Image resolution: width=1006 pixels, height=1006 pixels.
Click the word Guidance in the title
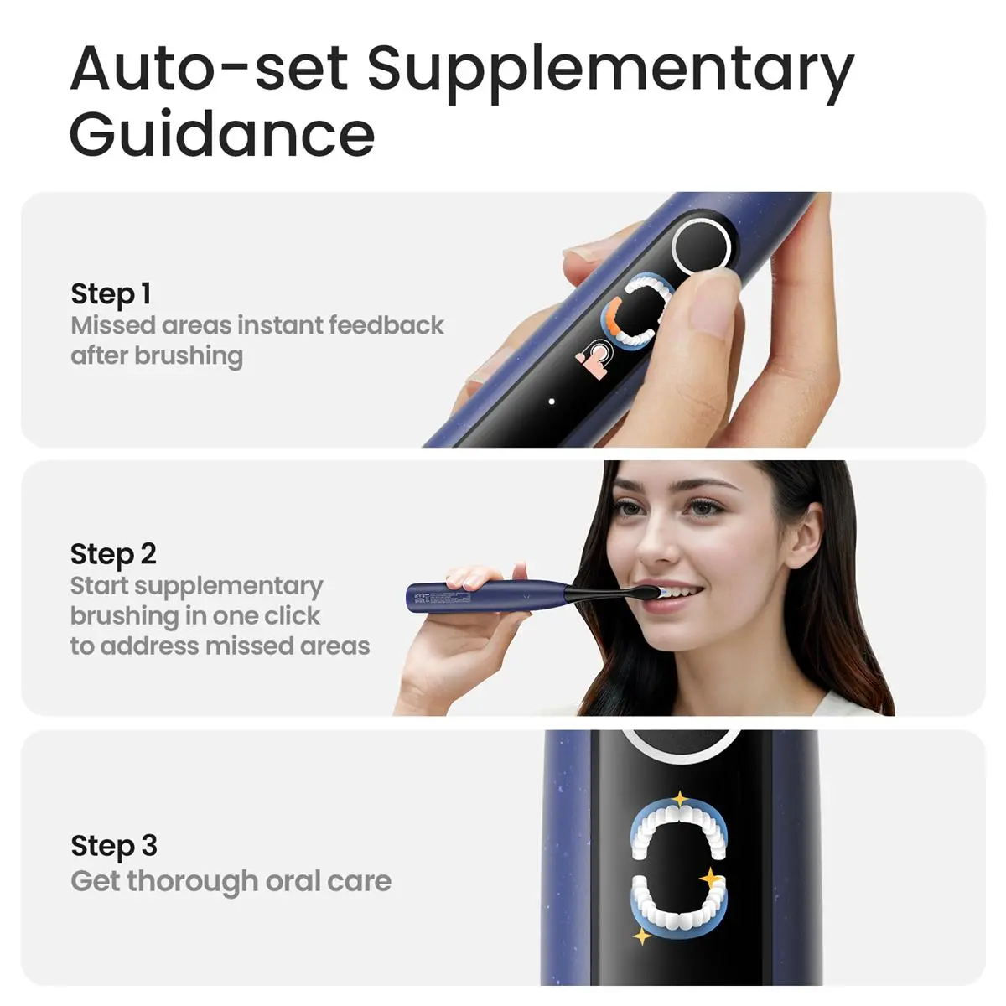(222, 134)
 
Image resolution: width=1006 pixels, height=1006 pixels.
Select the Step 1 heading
(111, 294)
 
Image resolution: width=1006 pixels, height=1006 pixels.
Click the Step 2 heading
(113, 554)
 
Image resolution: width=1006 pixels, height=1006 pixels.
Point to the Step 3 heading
(114, 846)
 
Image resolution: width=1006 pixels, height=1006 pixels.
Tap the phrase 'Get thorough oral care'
(231, 881)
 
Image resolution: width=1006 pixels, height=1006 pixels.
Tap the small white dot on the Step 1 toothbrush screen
(552, 402)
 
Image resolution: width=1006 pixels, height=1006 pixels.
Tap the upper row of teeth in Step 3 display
(679, 822)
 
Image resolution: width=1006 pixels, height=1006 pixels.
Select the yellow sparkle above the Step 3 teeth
(680, 799)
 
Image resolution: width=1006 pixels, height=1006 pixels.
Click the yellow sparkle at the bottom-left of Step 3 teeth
(642, 935)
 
